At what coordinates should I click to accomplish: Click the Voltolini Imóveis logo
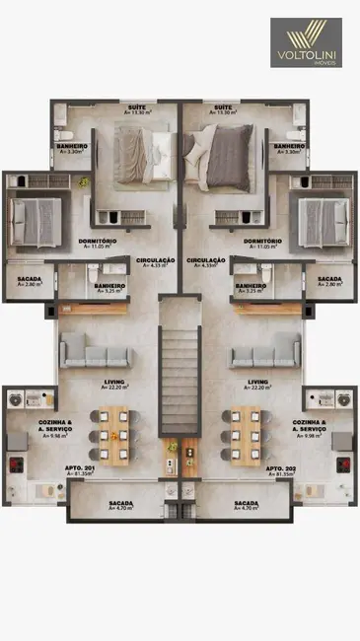click(x=306, y=42)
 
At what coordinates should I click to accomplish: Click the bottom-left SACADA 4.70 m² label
click(x=121, y=505)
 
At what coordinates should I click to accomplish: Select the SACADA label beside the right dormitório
click(x=328, y=282)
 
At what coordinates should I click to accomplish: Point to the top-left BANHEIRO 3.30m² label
click(x=72, y=149)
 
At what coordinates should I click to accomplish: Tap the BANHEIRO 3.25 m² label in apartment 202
click(x=251, y=288)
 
